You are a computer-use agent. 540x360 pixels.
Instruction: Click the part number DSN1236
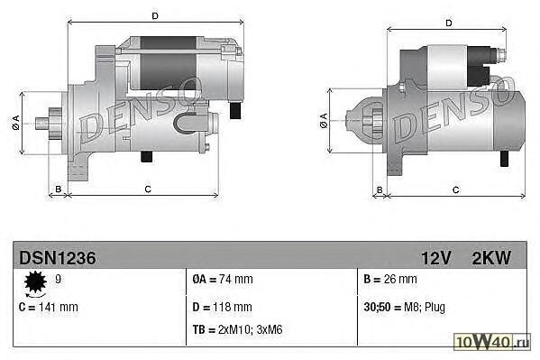58,258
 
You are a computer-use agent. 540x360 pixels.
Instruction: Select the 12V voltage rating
436,258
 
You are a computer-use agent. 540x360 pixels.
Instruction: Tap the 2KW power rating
491,258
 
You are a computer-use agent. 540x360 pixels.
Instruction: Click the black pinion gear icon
35,282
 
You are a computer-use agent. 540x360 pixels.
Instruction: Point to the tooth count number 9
59,279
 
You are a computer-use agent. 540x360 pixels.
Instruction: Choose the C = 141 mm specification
49,307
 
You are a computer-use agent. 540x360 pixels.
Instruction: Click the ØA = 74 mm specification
223,279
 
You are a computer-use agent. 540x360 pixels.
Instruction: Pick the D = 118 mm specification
223,307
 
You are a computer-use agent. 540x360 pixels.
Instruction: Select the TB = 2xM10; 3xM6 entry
237,329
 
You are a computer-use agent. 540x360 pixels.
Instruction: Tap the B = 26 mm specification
390,279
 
